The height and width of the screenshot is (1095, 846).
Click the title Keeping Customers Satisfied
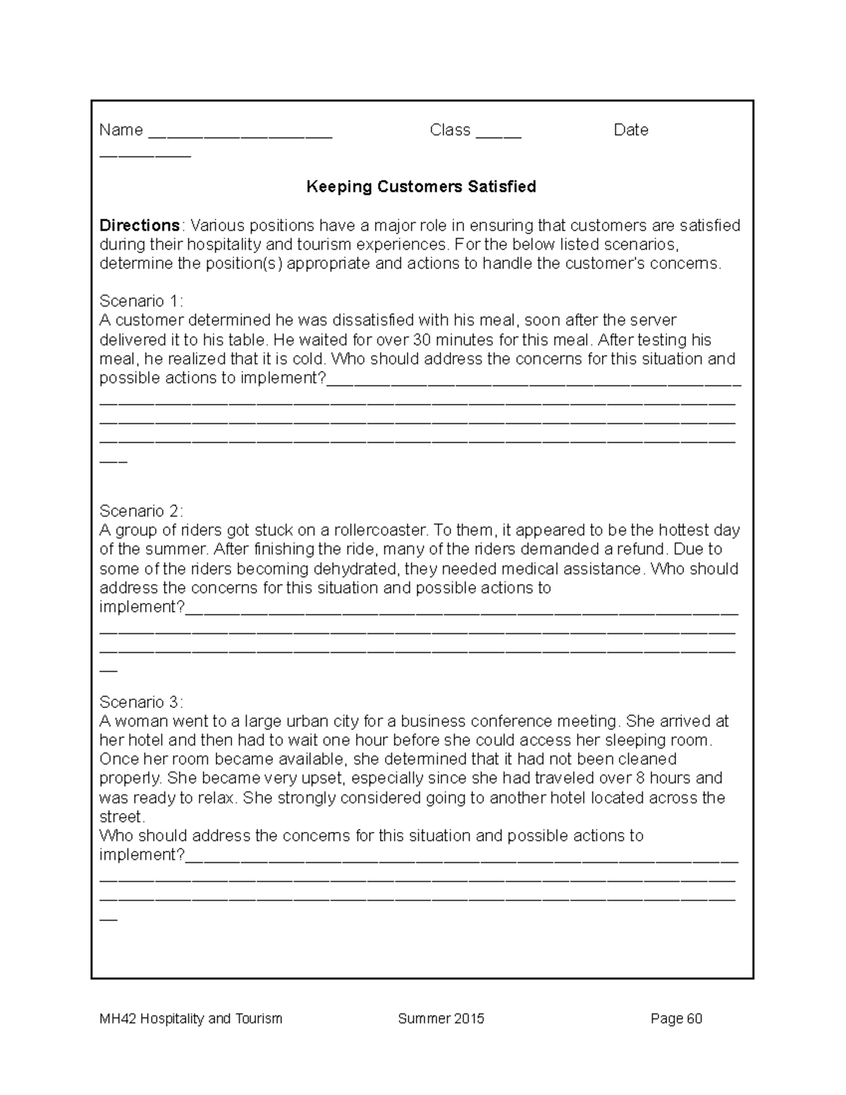421,187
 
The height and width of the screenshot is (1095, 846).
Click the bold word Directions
140,226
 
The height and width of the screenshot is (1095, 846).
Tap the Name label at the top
121,130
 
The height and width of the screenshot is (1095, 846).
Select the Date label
630,130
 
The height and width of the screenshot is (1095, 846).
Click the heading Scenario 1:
141,301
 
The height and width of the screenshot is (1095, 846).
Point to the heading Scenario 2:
141,510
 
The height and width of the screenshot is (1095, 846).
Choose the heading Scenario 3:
141,702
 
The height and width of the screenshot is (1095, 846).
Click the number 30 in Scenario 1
422,340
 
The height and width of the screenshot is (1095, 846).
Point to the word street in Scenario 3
121,817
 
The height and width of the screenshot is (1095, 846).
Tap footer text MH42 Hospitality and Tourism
190,1019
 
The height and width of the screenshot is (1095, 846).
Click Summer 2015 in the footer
441,1019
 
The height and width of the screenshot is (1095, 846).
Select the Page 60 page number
677,1019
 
